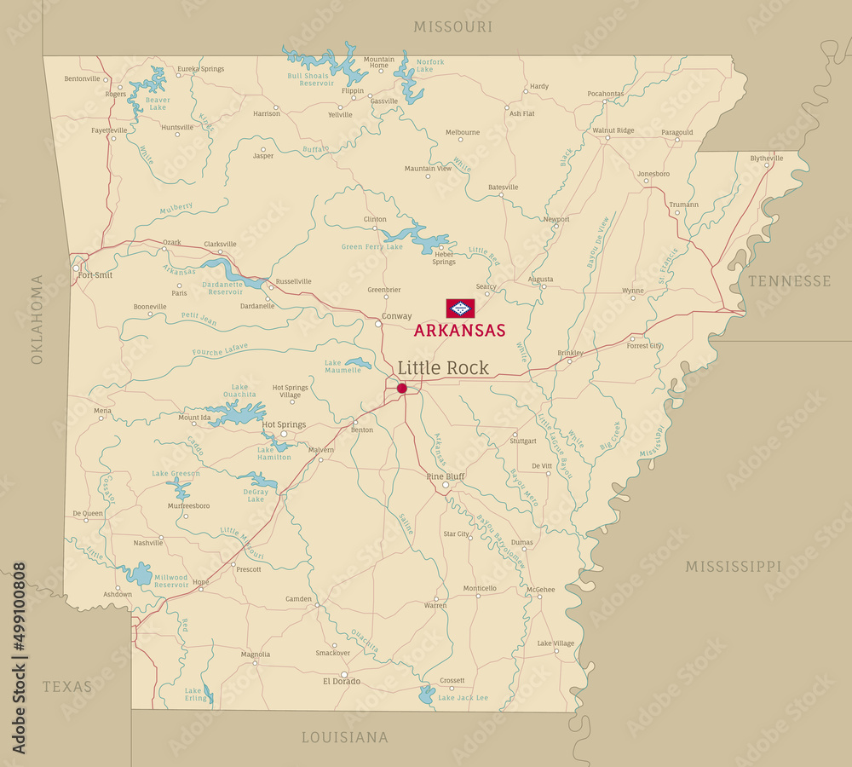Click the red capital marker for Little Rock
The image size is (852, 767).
tap(402, 389)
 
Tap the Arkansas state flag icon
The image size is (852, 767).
tap(460, 309)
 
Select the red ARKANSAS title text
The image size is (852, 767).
tap(459, 331)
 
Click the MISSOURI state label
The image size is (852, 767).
tap(452, 27)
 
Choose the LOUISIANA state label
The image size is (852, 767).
tap(344, 737)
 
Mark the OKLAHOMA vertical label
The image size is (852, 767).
tap(37, 320)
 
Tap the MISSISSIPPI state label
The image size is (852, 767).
tap(733, 566)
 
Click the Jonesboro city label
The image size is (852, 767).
tap(653, 174)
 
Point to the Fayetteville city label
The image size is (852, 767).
tap(109, 130)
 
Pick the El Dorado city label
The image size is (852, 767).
tap(341, 681)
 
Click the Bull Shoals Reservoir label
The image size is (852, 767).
tap(310, 79)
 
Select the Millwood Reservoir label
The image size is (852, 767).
tap(171, 581)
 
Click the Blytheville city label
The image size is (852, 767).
tap(766, 159)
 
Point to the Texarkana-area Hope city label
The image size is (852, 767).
tap(201, 582)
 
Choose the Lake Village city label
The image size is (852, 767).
tap(556, 643)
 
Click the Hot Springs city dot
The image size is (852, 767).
tap(284, 434)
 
